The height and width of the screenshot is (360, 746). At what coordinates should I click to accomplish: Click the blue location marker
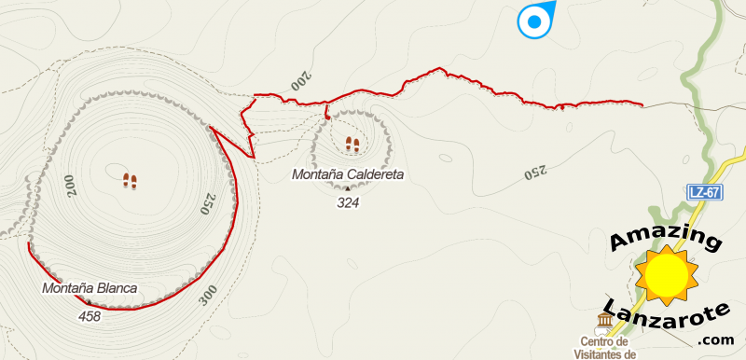(x=535, y=21)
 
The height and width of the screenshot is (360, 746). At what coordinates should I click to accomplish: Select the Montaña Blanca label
(x=90, y=288)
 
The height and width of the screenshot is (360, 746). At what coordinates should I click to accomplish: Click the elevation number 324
(x=348, y=201)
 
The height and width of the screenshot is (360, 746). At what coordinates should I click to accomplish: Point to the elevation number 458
(x=90, y=316)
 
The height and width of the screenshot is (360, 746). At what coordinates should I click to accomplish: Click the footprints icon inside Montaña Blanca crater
(x=131, y=180)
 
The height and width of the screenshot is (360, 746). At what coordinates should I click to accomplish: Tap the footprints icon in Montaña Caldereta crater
(x=352, y=145)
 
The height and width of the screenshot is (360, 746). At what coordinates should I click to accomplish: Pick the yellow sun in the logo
(x=666, y=274)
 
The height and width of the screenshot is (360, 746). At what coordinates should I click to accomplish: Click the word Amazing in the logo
(x=665, y=239)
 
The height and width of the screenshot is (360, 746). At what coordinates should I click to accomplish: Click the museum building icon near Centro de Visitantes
(x=604, y=323)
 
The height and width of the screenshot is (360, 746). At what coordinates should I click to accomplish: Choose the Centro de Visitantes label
(x=607, y=347)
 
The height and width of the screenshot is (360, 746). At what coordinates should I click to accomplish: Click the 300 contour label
(x=207, y=295)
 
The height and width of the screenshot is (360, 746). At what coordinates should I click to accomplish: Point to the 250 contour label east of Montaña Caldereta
(x=533, y=172)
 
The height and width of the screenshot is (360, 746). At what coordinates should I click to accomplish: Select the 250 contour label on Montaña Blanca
(x=208, y=204)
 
